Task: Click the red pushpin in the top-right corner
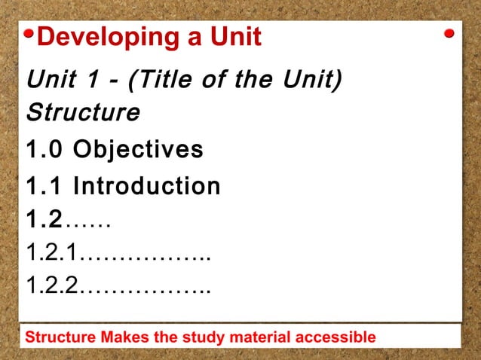click(x=450, y=34)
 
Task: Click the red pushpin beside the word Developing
click(x=28, y=34)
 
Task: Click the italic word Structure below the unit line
click(x=83, y=113)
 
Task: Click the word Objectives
click(x=138, y=150)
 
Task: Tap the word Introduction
click(x=147, y=185)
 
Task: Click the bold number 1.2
click(x=44, y=220)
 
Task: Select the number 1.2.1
click(x=52, y=253)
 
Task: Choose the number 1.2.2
click(x=52, y=286)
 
